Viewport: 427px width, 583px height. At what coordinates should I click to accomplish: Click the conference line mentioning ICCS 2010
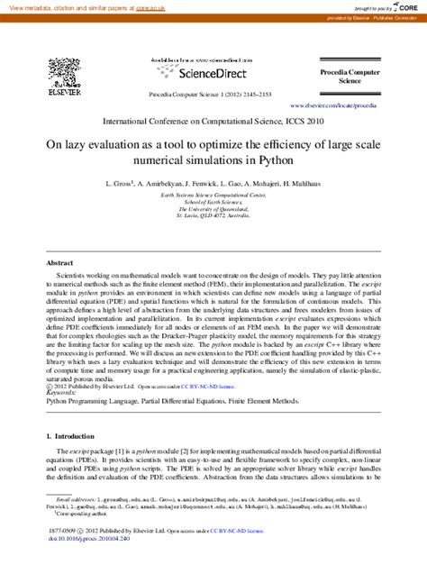(213, 120)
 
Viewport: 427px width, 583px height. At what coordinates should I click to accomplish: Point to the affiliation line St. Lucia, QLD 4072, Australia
(213, 217)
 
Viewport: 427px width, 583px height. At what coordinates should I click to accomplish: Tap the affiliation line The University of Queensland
(213, 210)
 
